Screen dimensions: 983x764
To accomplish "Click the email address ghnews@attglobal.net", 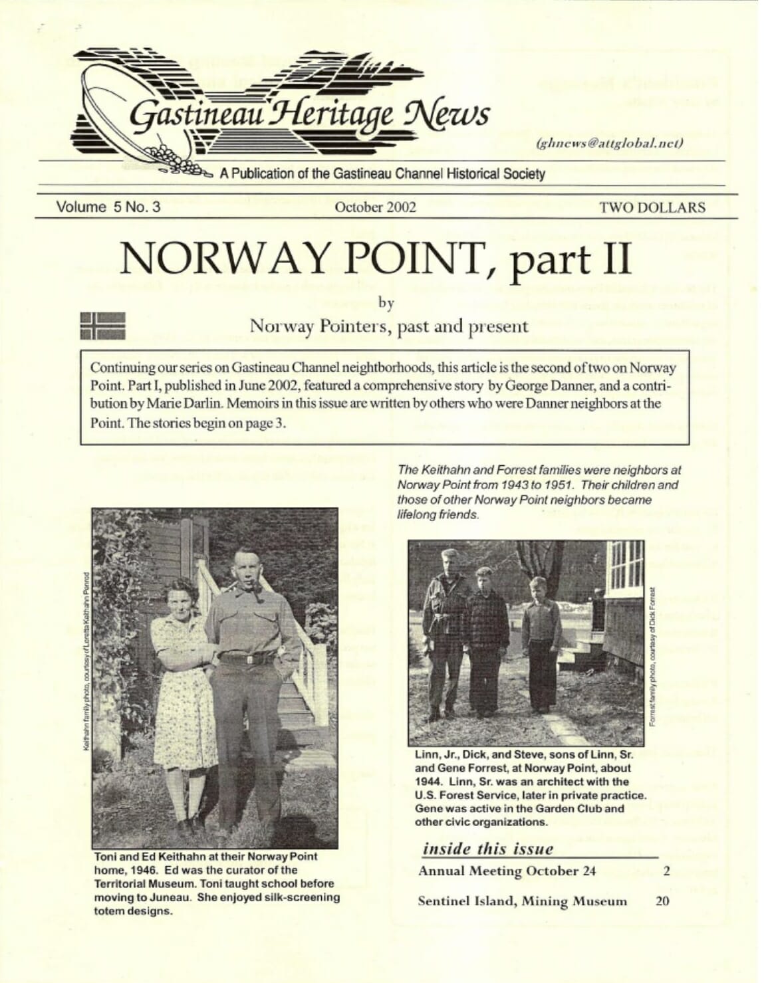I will click(x=609, y=142).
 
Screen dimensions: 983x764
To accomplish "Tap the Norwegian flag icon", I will click(x=102, y=325).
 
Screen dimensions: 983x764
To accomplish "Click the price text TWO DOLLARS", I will click(x=652, y=207).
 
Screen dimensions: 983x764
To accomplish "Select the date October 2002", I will click(x=376, y=207).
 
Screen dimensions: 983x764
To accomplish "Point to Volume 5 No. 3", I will click(x=108, y=207).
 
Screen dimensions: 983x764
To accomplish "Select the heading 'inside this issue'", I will click(x=488, y=849).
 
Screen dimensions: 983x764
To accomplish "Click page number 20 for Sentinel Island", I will click(x=662, y=901).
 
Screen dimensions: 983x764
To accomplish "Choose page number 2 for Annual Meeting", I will click(x=666, y=871).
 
